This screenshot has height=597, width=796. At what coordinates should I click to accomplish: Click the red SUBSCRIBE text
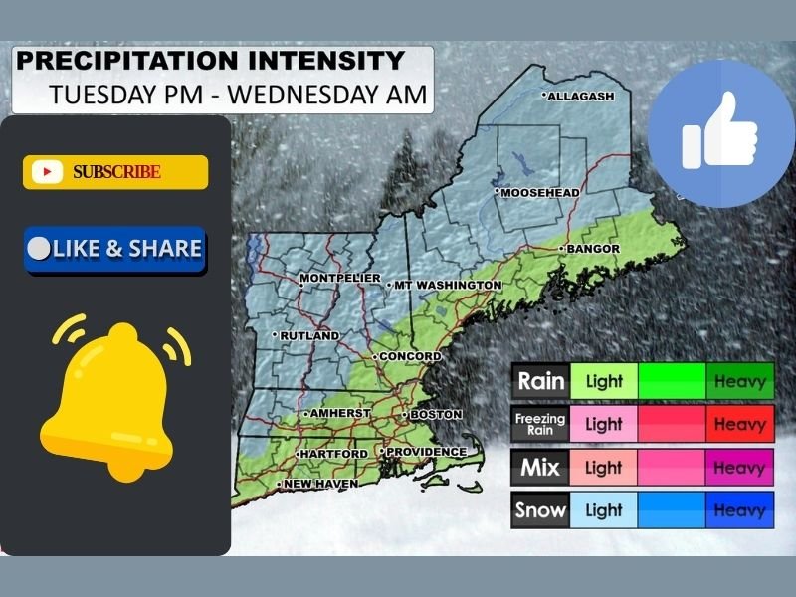pos(116,172)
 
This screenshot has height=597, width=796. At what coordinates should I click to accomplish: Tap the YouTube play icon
pos(47,172)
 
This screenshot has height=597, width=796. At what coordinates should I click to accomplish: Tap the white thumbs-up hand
pos(720,132)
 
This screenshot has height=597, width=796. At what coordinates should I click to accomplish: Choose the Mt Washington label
pos(447,285)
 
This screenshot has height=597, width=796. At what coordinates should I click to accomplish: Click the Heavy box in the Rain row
pos(739,381)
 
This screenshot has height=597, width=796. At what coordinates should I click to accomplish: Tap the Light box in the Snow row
pos(604,511)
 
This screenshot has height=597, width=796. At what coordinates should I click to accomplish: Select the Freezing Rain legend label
pos(540,425)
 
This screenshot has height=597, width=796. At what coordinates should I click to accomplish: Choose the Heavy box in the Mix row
pos(739,468)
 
